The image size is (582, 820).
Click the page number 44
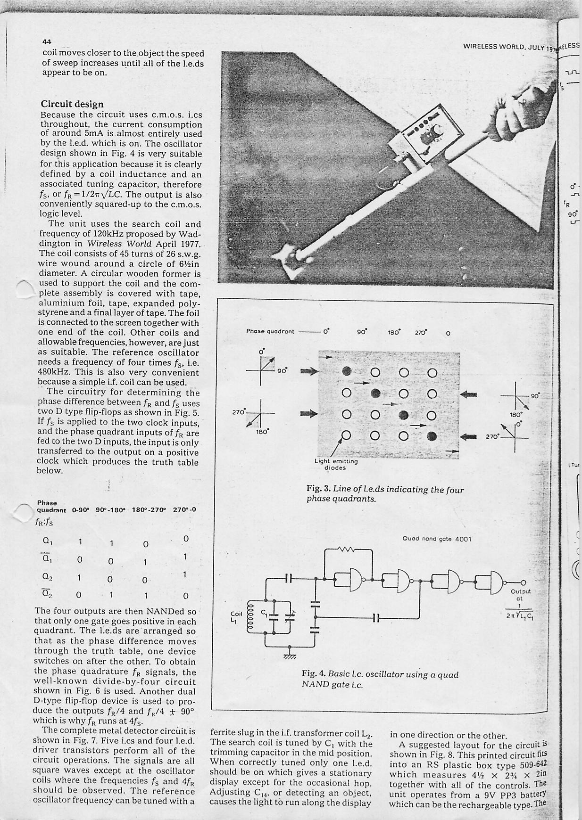(46, 41)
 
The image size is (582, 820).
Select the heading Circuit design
(72, 104)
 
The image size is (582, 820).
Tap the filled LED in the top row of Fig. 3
(347, 371)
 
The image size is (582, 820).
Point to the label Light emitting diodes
(336, 464)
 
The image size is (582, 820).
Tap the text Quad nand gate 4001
(437, 539)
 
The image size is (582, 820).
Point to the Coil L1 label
(236, 616)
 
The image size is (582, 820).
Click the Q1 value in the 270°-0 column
(186, 539)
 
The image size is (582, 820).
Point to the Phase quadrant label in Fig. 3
(270, 331)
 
